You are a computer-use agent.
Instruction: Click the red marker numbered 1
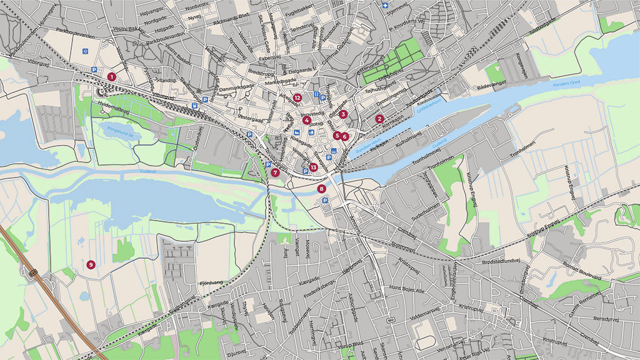coord(111,76)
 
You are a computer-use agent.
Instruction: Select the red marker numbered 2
coord(379,119)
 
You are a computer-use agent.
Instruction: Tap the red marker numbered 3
coord(343,114)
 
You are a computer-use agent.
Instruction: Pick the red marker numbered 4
coord(307,120)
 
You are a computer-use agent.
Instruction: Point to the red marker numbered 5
coord(337,135)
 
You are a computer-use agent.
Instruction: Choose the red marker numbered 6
coord(344,136)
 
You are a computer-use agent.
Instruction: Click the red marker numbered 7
coord(275,172)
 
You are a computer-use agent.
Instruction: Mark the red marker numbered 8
coord(322,188)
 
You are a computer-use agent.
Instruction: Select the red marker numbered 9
coord(91,264)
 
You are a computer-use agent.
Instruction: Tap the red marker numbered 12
coord(297,97)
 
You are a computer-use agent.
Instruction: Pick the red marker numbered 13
coord(313,167)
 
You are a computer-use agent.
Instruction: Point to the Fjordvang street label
coord(211,282)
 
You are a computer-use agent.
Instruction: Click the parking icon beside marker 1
coord(95,71)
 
